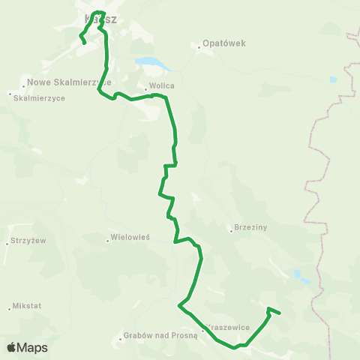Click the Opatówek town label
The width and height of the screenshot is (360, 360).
point(224,43)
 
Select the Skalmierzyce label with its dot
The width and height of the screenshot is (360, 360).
point(37,98)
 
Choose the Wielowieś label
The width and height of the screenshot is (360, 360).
point(130,236)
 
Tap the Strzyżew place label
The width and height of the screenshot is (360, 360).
point(29,241)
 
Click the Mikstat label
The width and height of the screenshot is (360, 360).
point(27,307)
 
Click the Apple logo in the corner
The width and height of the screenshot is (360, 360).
point(11,347)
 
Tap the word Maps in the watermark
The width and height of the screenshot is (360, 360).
point(32,347)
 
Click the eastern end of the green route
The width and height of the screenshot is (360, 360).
point(279,313)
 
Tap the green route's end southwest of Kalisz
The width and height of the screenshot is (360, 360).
point(85,43)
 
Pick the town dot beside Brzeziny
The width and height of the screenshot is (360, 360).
point(231,230)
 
